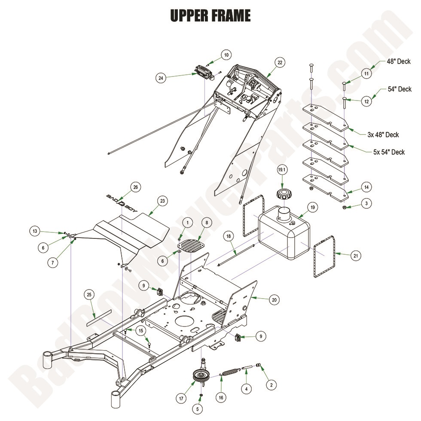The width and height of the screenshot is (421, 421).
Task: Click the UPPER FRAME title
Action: pyautogui.click(x=210, y=16)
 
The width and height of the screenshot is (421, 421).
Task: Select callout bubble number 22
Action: pyautogui.click(x=280, y=63)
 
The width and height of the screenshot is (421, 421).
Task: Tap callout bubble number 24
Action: pyautogui.click(x=161, y=78)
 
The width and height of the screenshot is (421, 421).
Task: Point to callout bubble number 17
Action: pyautogui.click(x=182, y=398)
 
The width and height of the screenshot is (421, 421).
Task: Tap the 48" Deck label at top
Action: pyautogui.click(x=398, y=62)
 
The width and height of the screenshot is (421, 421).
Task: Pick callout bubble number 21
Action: pyautogui.click(x=355, y=256)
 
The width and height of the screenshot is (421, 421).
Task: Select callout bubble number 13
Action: pyautogui.click(x=35, y=231)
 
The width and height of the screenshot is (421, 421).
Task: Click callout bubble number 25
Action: pyautogui.click(x=89, y=295)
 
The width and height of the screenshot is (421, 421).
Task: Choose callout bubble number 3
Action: pyautogui.click(x=366, y=204)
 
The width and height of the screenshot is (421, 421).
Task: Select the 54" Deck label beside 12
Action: pyautogui.click(x=400, y=89)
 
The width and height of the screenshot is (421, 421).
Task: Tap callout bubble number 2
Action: pyautogui.click(x=271, y=385)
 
